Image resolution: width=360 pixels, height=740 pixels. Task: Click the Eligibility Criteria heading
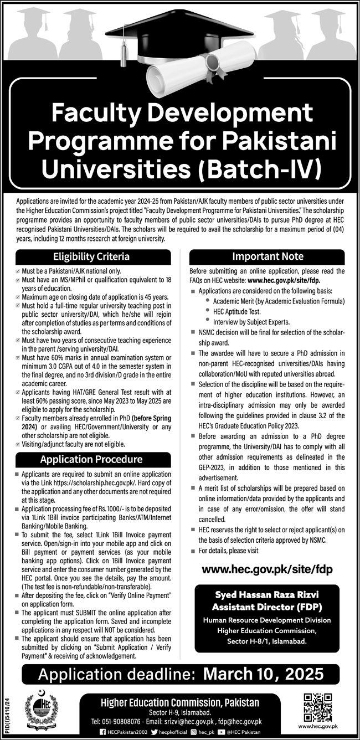[x=91, y=256]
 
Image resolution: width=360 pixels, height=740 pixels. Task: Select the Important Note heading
[x=268, y=256]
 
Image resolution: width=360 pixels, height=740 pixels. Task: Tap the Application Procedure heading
[x=91, y=460]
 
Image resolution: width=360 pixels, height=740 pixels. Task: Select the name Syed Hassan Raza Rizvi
[x=268, y=595]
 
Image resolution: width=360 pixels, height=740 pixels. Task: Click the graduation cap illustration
[x=183, y=33]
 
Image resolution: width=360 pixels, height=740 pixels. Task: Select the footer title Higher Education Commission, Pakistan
[x=179, y=702]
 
